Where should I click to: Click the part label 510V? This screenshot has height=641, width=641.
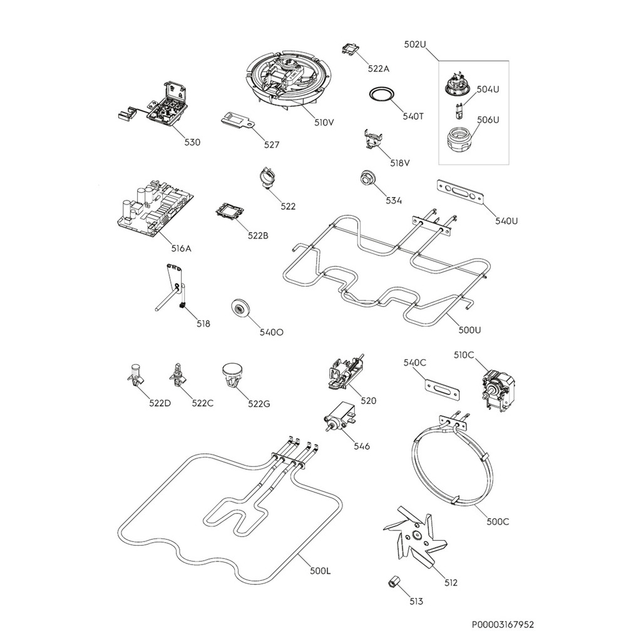(324, 122)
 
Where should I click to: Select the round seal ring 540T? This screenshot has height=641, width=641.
(382, 94)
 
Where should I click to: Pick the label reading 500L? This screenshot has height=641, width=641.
(320, 571)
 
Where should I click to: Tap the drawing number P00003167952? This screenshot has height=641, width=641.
(503, 625)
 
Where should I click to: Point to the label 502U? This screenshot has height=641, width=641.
(415, 44)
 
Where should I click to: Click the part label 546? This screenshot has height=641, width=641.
(361, 446)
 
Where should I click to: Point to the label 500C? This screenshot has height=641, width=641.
(498, 521)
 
